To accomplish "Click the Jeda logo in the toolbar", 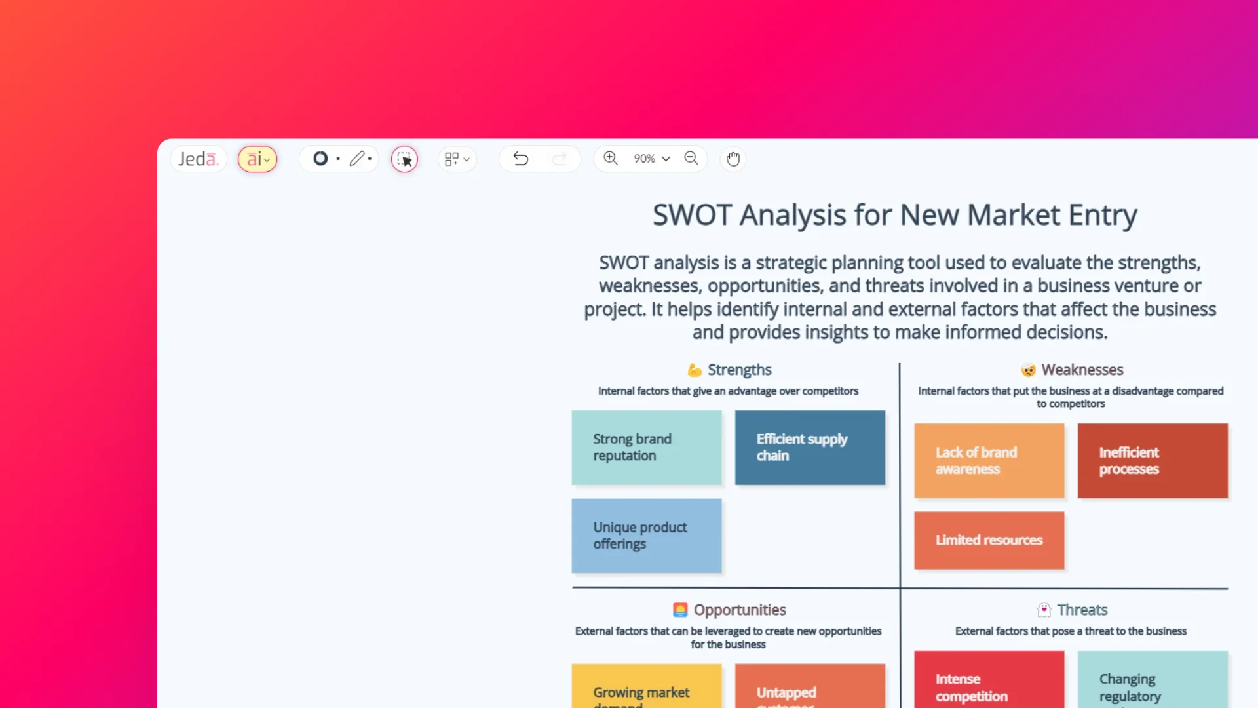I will pos(198,159).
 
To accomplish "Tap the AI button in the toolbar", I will pos(257,159).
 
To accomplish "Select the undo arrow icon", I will pos(521,159).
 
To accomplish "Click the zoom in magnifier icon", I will pos(611,158).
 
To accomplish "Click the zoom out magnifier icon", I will pos(691,158).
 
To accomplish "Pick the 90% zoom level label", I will pos(645,159).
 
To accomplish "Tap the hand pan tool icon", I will pos(733,159).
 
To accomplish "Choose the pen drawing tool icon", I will pos(357,159).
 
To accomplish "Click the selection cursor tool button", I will pos(405,159).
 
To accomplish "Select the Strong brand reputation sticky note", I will pos(647,448).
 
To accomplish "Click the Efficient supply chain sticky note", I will pos(810,448).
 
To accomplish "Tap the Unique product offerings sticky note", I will pos(647,536).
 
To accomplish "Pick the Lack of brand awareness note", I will pos(989,461).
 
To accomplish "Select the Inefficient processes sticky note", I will pos(1153,461).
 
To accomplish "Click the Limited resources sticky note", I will pos(989,540).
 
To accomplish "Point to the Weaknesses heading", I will pos(1082,370).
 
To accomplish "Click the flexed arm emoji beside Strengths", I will pos(695,370).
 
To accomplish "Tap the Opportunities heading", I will pos(740,610).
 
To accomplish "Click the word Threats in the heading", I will pos(1082,610).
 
